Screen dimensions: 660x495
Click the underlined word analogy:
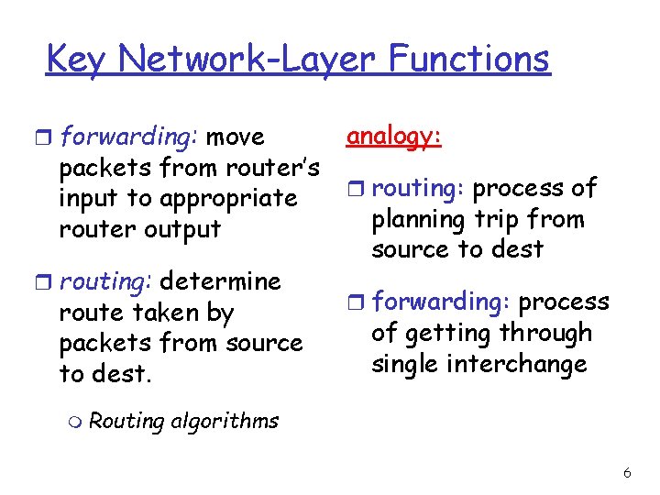(394, 137)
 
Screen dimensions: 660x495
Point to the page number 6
(627, 473)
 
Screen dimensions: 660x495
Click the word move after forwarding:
(236, 137)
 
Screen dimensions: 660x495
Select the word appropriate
(227, 199)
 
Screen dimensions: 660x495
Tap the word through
(548, 334)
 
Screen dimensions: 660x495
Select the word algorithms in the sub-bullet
(224, 422)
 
